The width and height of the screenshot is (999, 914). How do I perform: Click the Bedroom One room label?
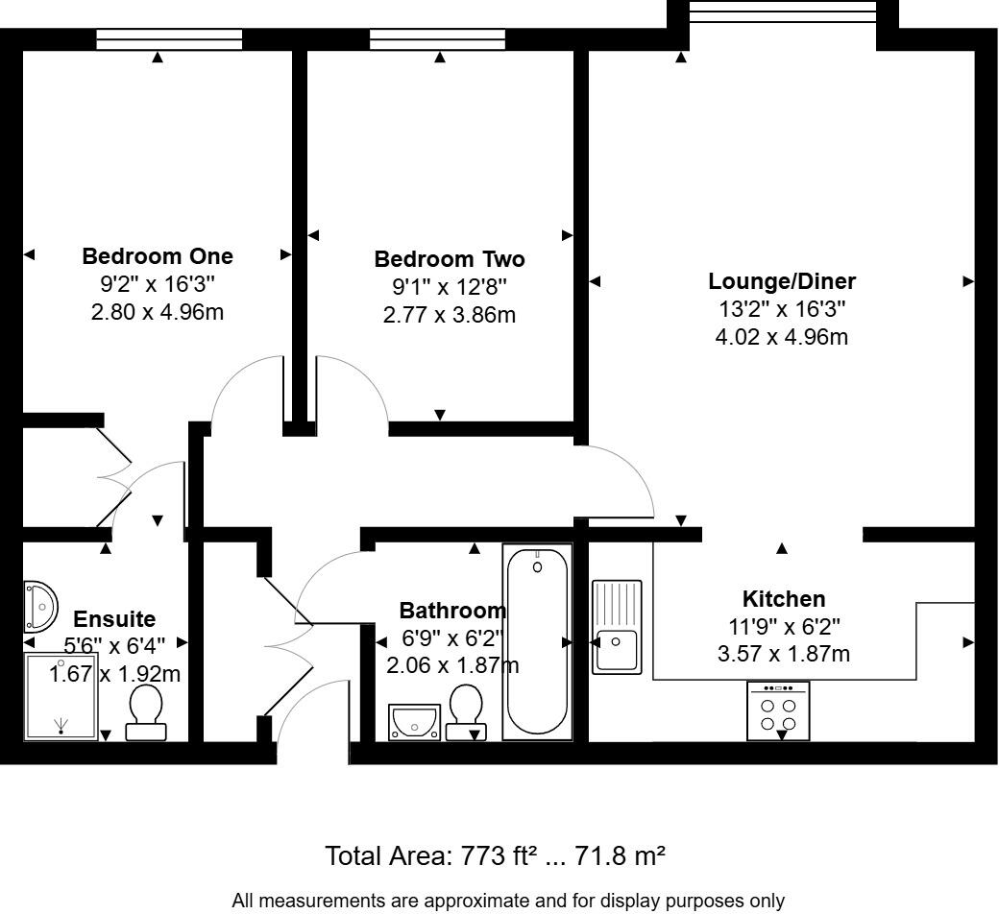point(158,256)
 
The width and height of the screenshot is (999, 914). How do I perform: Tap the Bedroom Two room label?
point(450,259)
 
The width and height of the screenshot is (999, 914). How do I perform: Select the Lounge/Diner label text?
point(782,281)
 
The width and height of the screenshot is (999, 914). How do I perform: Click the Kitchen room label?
point(785,599)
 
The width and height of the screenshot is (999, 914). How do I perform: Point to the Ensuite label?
point(114,619)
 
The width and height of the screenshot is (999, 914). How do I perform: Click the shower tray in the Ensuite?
point(61,697)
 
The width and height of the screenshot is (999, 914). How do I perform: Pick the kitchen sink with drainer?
point(616,626)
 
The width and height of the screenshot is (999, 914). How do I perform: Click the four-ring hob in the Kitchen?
point(778,711)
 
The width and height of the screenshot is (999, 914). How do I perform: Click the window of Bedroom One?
point(169,38)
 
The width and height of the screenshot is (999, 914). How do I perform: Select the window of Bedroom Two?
point(438,38)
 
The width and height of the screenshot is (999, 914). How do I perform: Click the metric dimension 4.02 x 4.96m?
point(782,337)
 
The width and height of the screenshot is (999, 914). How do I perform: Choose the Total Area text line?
point(496,855)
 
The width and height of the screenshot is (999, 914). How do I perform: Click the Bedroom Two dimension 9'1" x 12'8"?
point(450,287)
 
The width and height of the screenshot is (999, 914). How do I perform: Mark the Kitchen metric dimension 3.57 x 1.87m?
point(785,655)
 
